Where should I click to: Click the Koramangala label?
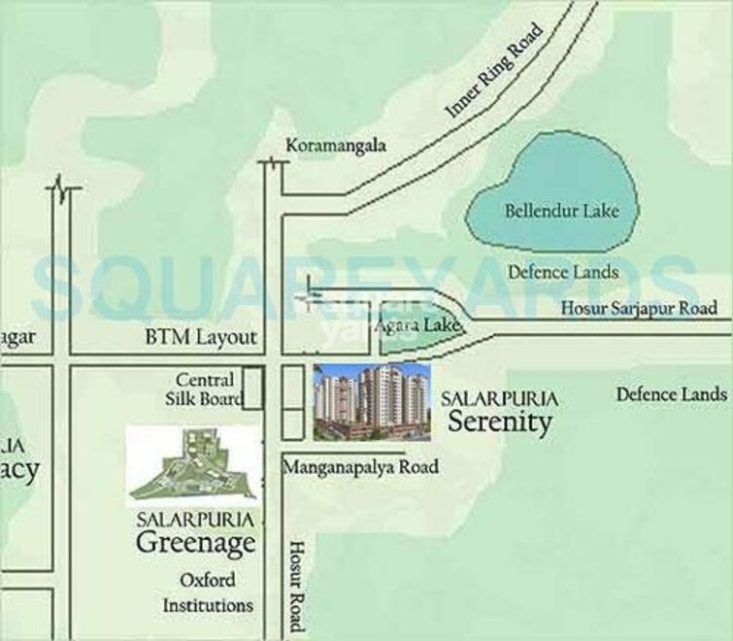(336, 146)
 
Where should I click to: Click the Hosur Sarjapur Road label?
(640, 309)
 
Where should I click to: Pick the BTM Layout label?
(201, 338)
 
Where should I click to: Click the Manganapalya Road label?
(360, 467)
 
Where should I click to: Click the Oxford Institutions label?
(208, 592)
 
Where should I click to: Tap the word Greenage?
(195, 542)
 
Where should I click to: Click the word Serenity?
(499, 422)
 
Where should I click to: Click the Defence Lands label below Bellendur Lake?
(563, 273)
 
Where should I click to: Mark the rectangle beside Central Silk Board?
(252, 388)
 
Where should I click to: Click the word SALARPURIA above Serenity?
(499, 398)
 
